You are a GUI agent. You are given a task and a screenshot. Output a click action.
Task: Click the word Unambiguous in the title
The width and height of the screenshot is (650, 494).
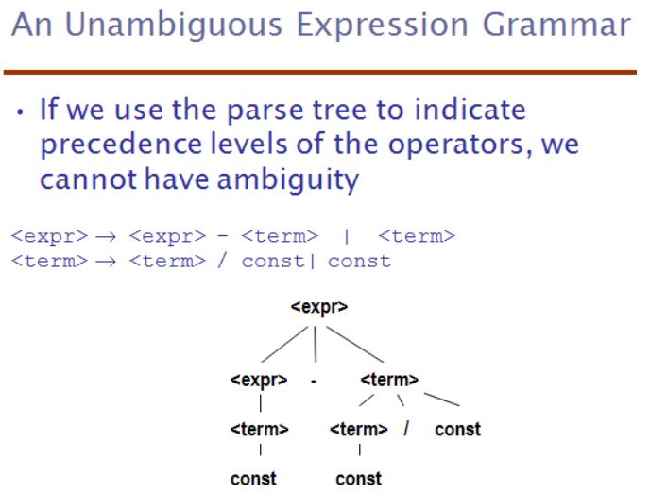point(174,26)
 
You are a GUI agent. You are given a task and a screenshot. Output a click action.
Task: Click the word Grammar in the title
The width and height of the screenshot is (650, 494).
point(556,26)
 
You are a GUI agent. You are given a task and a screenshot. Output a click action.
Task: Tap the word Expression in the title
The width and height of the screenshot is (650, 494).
point(383,26)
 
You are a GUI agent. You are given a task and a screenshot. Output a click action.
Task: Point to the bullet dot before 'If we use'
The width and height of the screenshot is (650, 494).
point(21,111)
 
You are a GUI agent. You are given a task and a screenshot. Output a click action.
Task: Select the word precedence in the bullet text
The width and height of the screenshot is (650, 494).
point(121,145)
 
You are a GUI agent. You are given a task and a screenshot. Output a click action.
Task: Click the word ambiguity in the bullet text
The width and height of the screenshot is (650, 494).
point(288,179)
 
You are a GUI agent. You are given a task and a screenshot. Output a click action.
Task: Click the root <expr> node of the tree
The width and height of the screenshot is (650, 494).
point(319,307)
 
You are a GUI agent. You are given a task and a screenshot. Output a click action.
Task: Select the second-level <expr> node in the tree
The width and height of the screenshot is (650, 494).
point(259,380)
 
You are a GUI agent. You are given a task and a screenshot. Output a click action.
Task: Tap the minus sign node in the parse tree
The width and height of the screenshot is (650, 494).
point(314,381)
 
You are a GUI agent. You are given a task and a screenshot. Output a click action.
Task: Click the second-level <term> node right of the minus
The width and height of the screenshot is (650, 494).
point(389,380)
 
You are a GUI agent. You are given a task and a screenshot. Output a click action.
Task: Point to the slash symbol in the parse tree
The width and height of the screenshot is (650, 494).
point(406,429)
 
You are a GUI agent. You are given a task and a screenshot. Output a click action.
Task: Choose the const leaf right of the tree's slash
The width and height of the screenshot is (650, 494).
point(457,430)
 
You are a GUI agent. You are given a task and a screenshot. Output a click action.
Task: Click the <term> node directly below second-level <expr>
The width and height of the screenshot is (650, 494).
point(260,429)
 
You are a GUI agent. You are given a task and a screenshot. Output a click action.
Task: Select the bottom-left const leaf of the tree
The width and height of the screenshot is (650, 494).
point(253,479)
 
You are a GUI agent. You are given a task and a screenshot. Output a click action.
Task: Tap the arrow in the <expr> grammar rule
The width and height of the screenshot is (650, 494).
point(106,237)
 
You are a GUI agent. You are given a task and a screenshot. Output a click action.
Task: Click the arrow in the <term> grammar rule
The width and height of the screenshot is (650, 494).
point(106,262)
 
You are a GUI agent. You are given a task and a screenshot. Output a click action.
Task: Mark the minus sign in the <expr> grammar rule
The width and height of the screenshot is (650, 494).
point(223,236)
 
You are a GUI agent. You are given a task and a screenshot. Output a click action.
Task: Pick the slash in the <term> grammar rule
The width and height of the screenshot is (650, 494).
point(222,261)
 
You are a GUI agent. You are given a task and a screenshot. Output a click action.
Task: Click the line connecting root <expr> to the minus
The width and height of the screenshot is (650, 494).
point(316,345)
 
